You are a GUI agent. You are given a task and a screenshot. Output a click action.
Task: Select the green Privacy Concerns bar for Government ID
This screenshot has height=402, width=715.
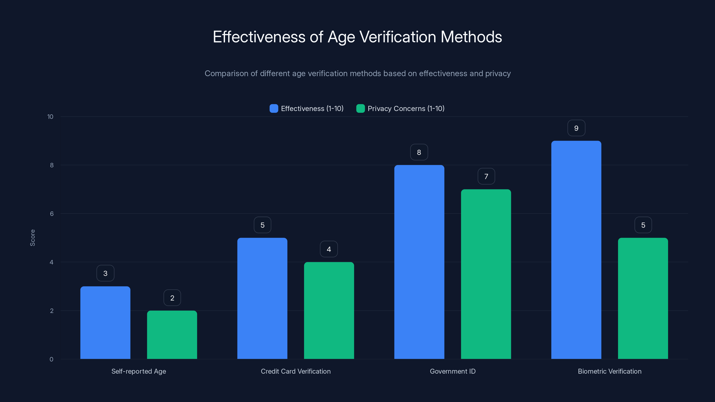click(486, 274)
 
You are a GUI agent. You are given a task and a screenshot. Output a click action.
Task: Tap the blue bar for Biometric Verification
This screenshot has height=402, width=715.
click(576, 250)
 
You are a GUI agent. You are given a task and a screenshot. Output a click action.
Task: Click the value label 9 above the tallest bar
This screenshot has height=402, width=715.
click(576, 128)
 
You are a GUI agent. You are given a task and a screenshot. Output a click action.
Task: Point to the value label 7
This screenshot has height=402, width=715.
click(486, 176)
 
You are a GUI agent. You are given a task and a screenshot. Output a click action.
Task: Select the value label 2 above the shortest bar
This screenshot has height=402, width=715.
click(172, 298)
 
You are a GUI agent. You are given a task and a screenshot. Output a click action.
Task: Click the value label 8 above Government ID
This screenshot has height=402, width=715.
click(419, 152)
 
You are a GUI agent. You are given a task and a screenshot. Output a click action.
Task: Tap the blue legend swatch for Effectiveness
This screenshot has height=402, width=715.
click(274, 109)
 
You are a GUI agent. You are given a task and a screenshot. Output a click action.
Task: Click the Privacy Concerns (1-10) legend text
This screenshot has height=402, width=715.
click(406, 109)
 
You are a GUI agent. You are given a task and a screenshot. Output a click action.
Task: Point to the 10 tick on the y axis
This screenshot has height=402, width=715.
click(50, 117)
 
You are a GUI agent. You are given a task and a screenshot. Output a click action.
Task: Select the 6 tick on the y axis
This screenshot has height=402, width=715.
click(52, 214)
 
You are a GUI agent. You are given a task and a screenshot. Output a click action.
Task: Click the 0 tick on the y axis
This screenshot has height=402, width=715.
click(51, 359)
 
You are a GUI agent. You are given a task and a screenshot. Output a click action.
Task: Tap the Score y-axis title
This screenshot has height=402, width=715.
click(32, 238)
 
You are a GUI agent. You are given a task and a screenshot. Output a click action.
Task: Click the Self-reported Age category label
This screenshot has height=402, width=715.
click(139, 371)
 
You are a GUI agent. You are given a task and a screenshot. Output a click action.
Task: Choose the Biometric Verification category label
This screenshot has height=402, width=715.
click(610, 371)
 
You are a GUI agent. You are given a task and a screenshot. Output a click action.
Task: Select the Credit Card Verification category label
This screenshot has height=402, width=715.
click(296, 371)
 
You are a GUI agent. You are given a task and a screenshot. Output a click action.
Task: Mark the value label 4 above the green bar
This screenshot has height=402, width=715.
click(329, 249)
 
